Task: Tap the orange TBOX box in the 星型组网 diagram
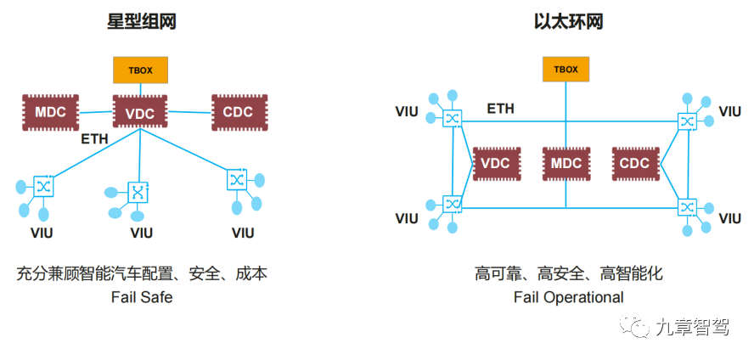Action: (x=141, y=70)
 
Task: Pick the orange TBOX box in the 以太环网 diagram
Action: (x=566, y=69)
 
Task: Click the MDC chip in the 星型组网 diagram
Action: (x=50, y=112)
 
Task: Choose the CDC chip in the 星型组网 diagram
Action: (x=237, y=112)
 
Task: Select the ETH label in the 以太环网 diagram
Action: (x=500, y=109)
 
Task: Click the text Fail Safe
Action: (x=142, y=297)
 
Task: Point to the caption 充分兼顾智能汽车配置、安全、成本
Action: (x=142, y=273)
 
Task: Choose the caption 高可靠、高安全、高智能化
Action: (x=568, y=273)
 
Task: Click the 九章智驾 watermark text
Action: (x=692, y=327)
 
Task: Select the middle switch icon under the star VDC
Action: (x=138, y=192)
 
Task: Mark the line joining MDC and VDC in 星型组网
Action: (x=96, y=111)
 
